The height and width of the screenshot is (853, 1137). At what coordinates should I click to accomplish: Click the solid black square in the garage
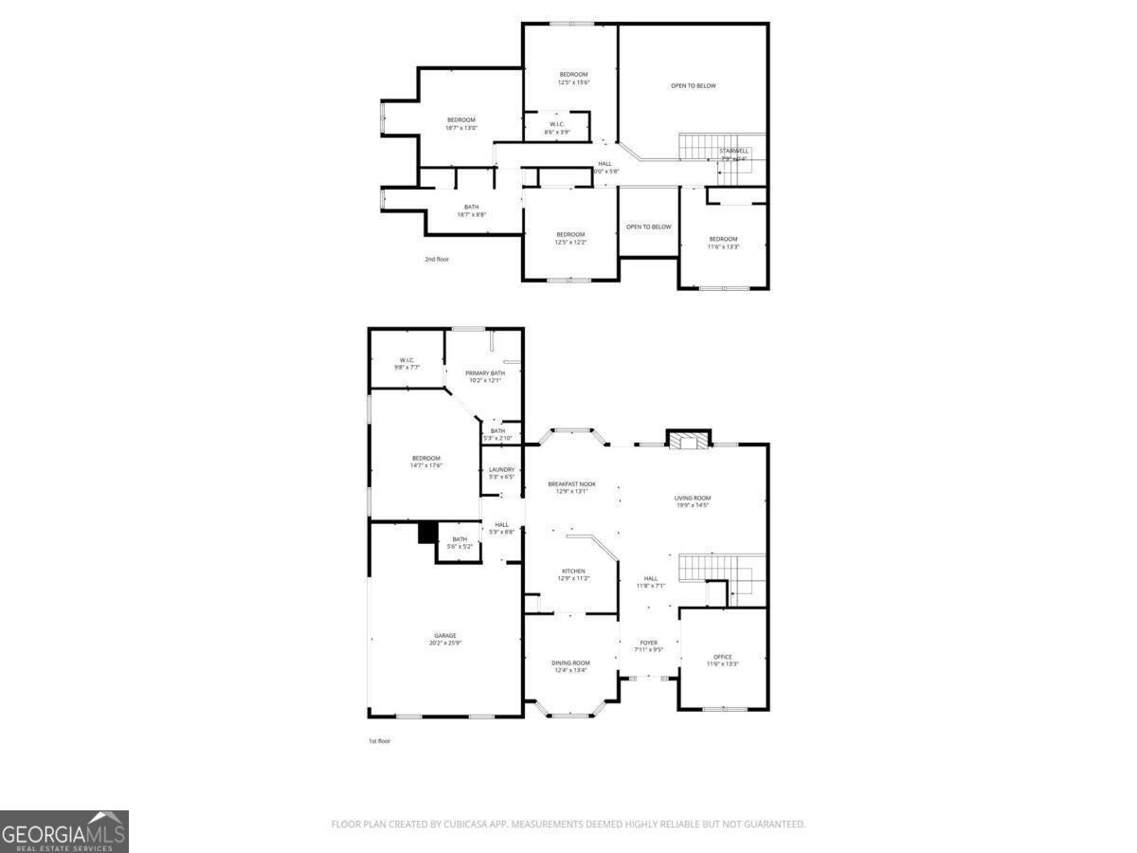point(427,533)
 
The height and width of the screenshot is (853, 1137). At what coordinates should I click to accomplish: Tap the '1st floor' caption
point(379,741)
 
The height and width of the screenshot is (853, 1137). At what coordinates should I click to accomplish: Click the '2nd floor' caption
point(437,258)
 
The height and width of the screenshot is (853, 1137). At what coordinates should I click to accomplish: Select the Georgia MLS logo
point(64,831)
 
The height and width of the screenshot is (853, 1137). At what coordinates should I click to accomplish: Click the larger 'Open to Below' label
point(694,86)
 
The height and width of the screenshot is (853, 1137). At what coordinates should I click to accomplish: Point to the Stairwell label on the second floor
point(733,151)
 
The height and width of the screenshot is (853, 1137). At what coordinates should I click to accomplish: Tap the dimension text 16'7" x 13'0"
point(461,128)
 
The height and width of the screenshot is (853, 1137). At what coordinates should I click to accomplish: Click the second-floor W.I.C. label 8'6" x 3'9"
point(557,128)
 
